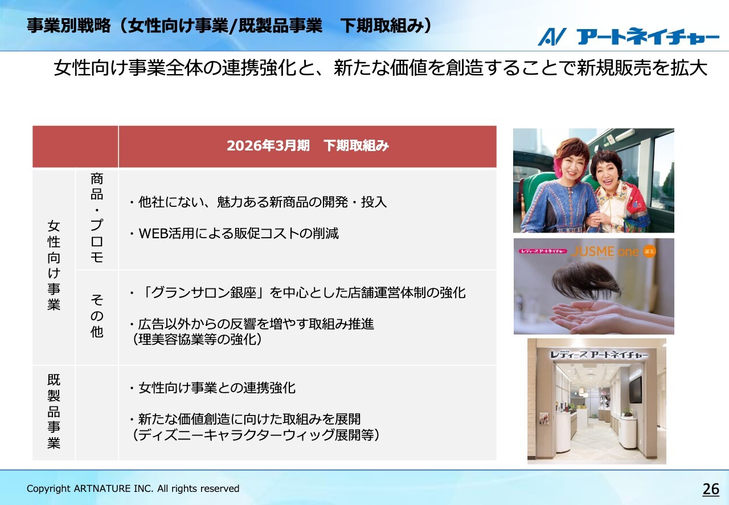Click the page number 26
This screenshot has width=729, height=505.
[x=711, y=488]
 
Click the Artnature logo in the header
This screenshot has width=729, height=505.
[x=628, y=36]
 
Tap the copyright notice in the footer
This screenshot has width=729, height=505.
[x=133, y=488]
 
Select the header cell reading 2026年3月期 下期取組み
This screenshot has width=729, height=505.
[x=308, y=146]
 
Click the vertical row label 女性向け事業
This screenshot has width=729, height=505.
[x=54, y=265]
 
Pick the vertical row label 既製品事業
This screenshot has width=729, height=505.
[x=54, y=411]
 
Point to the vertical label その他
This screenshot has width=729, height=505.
[x=97, y=315]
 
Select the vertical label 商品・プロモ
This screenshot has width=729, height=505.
[x=97, y=218]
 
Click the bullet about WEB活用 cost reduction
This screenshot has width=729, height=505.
[x=234, y=233]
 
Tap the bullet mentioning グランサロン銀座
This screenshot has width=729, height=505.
[x=297, y=292]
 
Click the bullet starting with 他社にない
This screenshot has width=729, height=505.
[x=258, y=202]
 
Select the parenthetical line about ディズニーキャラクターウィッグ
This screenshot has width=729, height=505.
[x=256, y=435]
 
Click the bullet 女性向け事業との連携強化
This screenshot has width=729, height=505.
[x=212, y=388]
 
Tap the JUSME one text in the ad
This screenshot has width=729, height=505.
[x=605, y=251]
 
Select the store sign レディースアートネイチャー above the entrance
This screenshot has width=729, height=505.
[x=599, y=355]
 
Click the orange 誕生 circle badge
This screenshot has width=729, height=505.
[x=649, y=251]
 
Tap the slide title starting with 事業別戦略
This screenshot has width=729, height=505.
[x=230, y=26]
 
